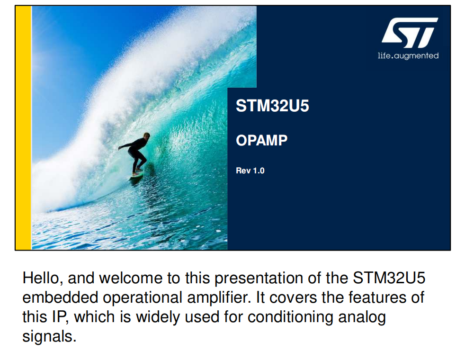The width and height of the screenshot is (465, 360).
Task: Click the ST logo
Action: (x=410, y=33)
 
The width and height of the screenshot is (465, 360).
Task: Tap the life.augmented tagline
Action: (x=408, y=56)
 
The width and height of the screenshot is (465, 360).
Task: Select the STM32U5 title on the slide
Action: (x=272, y=106)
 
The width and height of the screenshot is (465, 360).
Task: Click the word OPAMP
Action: (x=261, y=140)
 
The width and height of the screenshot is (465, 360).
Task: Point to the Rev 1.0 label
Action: (x=250, y=171)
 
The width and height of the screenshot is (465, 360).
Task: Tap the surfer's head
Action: (x=146, y=135)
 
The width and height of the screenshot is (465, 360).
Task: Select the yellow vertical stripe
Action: (x=23, y=128)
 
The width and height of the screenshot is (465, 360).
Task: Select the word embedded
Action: (x=61, y=297)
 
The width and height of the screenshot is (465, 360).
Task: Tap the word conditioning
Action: (x=290, y=317)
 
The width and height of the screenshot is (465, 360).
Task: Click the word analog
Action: (x=362, y=317)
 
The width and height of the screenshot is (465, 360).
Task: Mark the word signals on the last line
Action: (x=49, y=337)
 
